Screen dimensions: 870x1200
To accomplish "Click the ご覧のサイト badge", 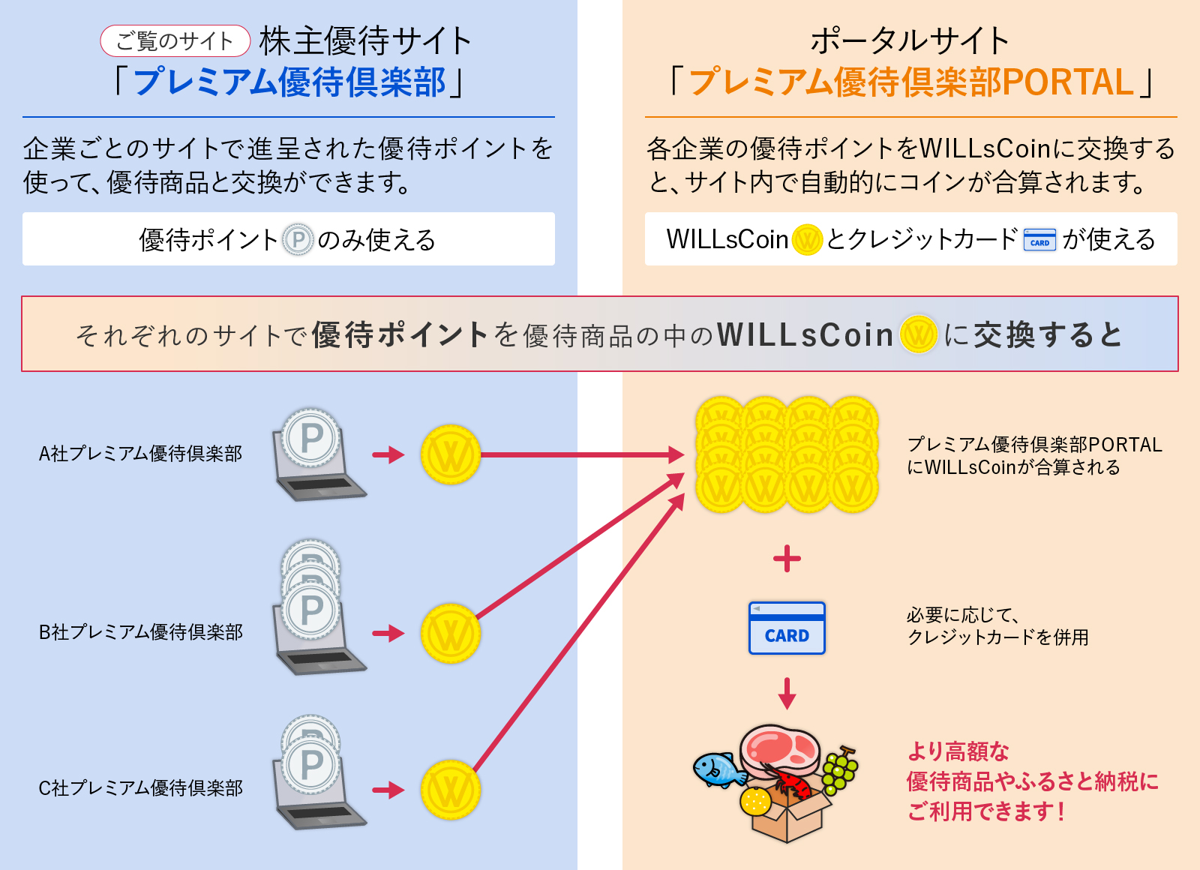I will point(175,40).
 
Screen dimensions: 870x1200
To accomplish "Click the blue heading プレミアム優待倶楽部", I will point(289,82).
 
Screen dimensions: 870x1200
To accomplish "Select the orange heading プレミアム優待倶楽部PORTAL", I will point(911,82).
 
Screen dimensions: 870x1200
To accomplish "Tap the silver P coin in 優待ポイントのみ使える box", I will point(298,240).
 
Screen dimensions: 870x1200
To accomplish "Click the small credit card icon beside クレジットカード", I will point(1039,240).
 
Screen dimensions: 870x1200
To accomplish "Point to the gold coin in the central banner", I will point(918,334).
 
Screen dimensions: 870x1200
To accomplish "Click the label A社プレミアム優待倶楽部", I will point(140,454).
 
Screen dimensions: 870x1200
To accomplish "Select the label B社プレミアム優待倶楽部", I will point(140,632).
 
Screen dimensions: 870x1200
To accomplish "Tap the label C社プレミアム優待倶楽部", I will point(140,788).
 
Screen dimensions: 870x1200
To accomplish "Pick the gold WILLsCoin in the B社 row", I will point(450,634).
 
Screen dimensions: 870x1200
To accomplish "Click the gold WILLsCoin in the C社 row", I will point(450,790).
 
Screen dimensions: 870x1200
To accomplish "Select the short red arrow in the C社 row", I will point(388,790).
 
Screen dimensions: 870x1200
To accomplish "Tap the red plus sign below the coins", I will point(787,559).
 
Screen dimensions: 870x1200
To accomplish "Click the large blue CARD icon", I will point(787,628).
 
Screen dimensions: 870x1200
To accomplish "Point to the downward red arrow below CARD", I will point(787,693).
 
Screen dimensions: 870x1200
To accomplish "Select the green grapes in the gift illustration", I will point(840,770).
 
